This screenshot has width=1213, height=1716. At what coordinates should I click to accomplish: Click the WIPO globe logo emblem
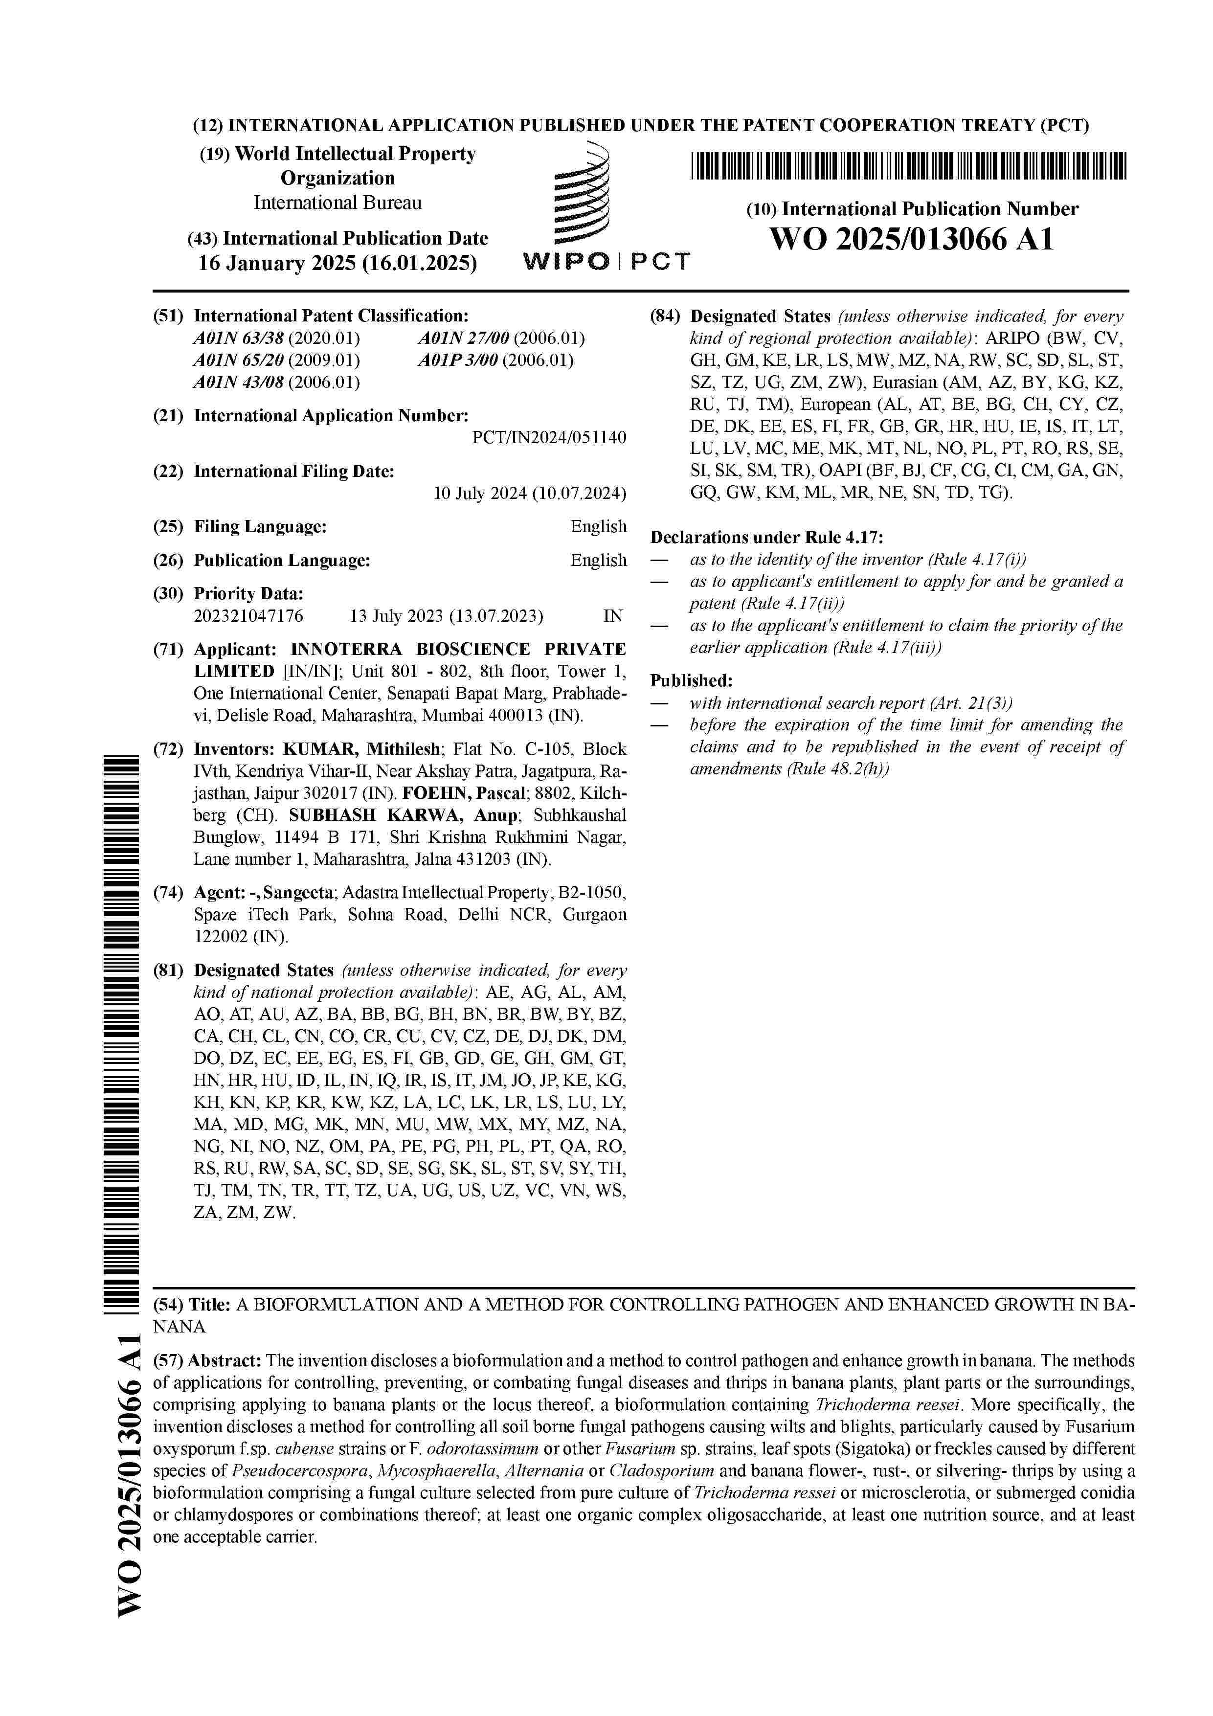click(x=582, y=196)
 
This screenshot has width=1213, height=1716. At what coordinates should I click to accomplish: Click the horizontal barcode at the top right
click(x=908, y=166)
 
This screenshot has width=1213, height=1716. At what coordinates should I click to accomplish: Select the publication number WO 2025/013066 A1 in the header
click(x=912, y=240)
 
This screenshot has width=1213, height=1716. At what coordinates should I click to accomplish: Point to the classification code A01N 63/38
click(x=238, y=339)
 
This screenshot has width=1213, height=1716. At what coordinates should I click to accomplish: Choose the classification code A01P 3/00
click(x=457, y=360)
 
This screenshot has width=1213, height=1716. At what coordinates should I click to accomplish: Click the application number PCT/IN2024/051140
click(x=549, y=438)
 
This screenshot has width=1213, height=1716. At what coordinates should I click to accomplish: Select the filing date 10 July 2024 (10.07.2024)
click(x=529, y=493)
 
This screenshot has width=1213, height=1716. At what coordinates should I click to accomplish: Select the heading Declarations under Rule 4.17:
click(x=766, y=538)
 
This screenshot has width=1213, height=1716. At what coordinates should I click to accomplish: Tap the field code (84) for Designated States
click(x=665, y=316)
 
